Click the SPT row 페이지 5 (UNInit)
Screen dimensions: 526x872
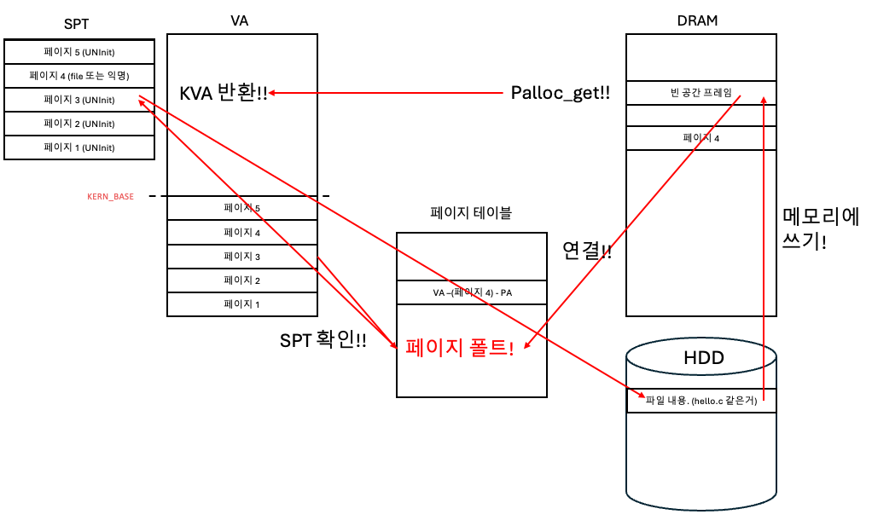[79, 52]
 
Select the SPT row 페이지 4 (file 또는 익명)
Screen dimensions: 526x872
[79, 76]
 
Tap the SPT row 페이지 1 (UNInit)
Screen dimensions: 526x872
[79, 147]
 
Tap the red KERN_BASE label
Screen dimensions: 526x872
[111, 197]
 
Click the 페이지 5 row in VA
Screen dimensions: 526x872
[241, 208]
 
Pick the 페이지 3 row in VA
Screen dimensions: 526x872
[241, 257]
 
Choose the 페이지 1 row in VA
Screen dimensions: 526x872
[241, 304]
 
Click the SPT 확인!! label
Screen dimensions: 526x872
[323, 341]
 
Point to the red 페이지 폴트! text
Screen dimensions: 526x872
[459, 348]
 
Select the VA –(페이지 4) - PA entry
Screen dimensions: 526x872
[471, 293]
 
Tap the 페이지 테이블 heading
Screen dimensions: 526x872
[471, 213]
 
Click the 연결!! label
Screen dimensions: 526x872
[587, 251]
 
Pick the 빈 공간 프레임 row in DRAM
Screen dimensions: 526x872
[701, 93]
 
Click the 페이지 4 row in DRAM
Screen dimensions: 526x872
[701, 138]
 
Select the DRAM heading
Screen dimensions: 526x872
[701, 21]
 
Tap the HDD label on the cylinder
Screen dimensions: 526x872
[703, 358]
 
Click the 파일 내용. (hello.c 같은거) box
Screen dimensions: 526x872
[701, 401]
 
